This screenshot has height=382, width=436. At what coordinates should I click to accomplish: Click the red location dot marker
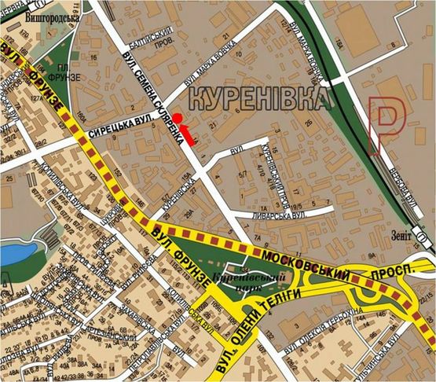(178, 118)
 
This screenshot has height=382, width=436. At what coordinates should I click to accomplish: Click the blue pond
(14, 255)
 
